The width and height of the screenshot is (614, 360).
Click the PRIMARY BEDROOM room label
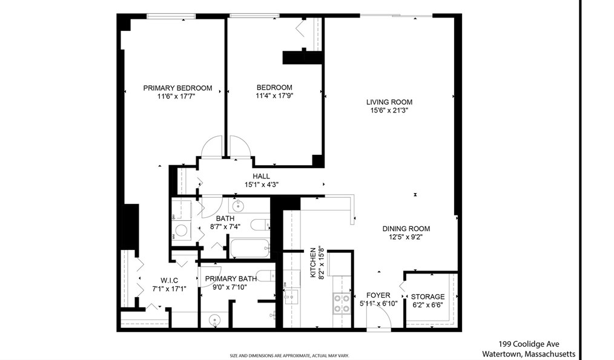click(177, 88)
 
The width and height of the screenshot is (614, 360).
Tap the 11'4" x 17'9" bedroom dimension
click(274, 96)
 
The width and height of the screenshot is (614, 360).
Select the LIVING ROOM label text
click(389, 102)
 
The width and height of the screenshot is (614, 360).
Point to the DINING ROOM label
click(406, 229)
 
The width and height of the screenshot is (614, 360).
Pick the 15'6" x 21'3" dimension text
click(389, 111)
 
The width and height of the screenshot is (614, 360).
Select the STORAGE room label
click(427, 297)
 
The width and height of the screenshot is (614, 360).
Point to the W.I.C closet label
click(169, 280)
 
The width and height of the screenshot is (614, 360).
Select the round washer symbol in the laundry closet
click(181, 230)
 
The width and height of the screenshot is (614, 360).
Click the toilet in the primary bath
click(264, 275)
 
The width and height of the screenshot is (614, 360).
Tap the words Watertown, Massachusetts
click(528, 354)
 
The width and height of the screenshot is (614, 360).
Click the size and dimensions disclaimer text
click(293, 356)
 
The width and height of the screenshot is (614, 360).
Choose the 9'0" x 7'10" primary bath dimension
click(230, 287)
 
